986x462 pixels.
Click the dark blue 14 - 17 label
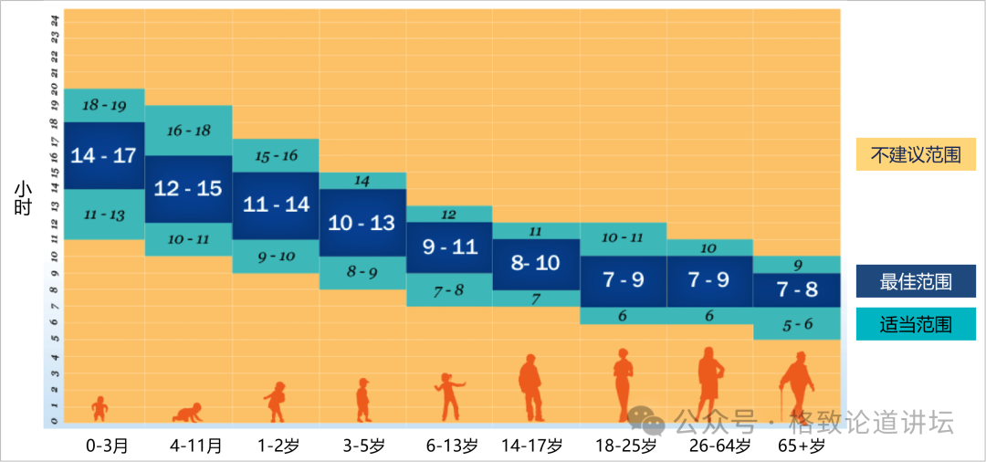(103, 155)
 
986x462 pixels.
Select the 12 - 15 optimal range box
(188, 189)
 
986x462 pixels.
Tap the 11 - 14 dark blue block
(276, 205)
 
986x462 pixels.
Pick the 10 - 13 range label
(362, 222)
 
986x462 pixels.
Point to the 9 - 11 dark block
(449, 247)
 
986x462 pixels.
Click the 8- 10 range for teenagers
(535, 264)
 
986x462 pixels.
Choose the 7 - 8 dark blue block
(796, 289)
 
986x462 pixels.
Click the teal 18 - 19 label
(103, 105)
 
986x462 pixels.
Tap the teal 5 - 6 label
(797, 323)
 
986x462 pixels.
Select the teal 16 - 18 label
(188, 131)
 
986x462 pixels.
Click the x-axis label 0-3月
(107, 446)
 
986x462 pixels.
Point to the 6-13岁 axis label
(452, 446)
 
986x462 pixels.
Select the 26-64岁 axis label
(713, 446)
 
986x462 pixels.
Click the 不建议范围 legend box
(915, 154)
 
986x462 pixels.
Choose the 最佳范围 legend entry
(915, 282)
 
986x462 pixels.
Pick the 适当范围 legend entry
(915, 324)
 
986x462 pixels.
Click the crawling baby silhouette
(187, 413)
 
